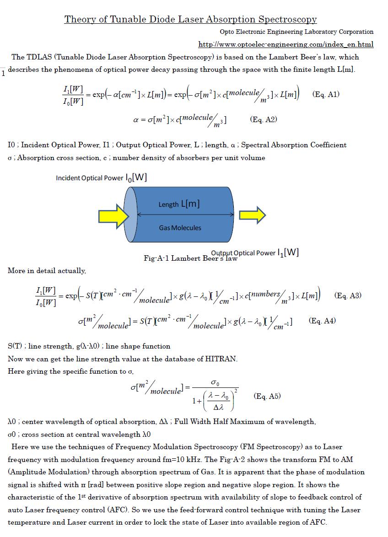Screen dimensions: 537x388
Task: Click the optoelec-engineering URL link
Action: (x=286, y=44)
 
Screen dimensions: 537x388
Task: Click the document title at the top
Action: (x=190, y=19)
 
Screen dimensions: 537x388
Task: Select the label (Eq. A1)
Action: (x=326, y=95)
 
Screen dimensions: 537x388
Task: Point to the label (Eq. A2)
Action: (x=264, y=120)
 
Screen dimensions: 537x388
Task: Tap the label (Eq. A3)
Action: (x=348, y=295)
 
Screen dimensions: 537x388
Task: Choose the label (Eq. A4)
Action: (x=322, y=321)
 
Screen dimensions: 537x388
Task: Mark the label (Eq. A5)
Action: (x=267, y=397)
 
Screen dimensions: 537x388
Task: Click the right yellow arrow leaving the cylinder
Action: (x=253, y=215)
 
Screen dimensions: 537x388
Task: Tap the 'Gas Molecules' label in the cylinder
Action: (x=180, y=228)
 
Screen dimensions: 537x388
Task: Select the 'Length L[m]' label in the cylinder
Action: (x=179, y=204)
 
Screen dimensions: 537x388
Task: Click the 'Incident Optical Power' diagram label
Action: (x=101, y=177)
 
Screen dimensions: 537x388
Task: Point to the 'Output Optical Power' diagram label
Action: (x=255, y=252)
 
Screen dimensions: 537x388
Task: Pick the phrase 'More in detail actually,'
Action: (x=47, y=271)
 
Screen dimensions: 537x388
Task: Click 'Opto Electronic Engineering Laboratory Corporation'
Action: (x=296, y=32)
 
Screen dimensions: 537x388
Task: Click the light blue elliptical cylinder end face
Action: (x=130, y=215)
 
